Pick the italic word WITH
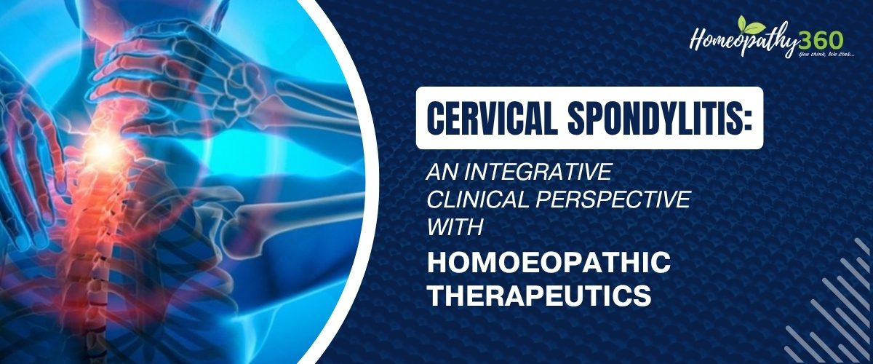click(455, 227)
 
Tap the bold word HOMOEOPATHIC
click(549, 263)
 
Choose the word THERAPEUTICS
click(539, 295)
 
